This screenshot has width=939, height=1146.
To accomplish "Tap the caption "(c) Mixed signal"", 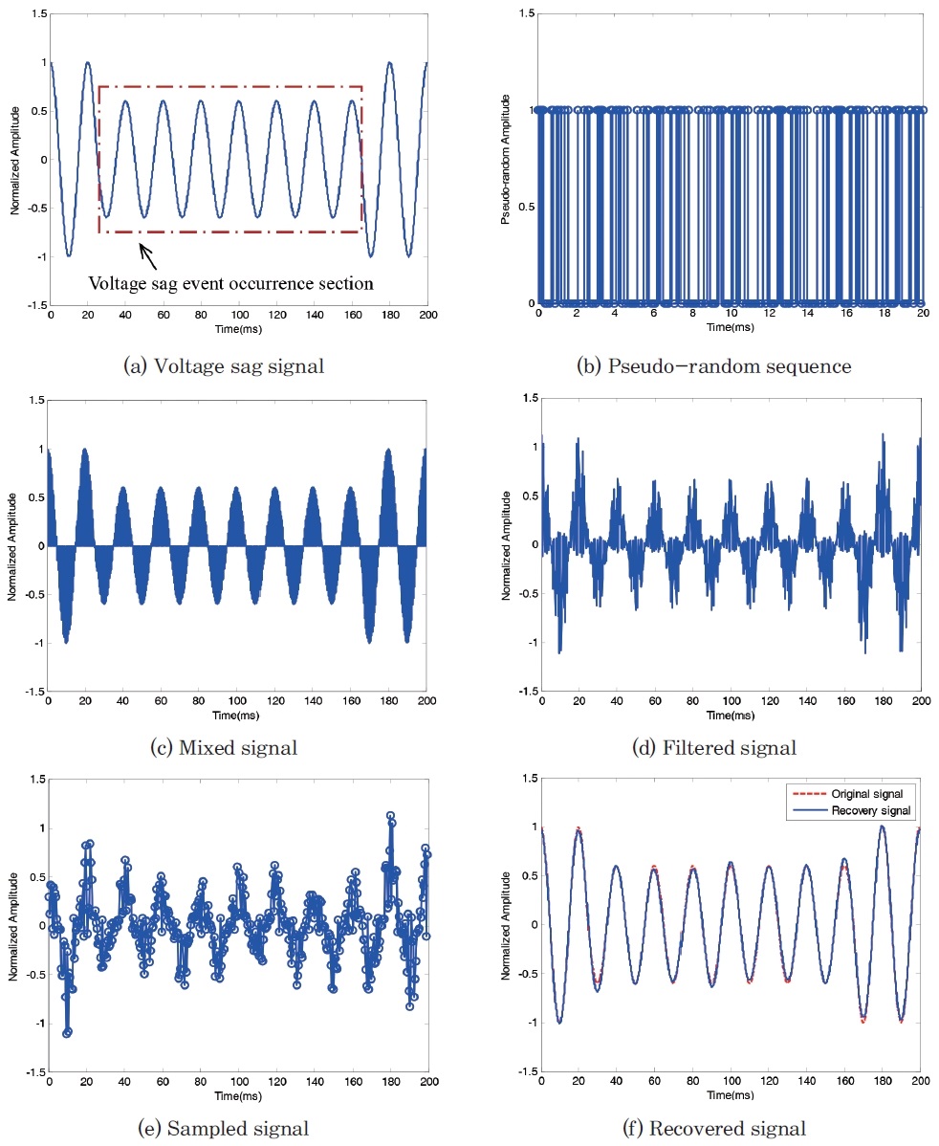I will click(x=225, y=747).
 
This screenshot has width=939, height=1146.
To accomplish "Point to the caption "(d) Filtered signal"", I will click(x=727, y=747).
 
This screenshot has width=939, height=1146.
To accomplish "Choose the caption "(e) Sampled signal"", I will click(x=229, y=1129).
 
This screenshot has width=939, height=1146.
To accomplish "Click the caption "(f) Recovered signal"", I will click(x=727, y=1129).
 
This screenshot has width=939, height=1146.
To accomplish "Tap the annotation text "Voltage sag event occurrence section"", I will click(x=230, y=283).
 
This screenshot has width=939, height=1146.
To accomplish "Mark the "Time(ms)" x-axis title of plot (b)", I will click(x=731, y=326).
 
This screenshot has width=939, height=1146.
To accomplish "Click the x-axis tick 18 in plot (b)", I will click(x=884, y=314).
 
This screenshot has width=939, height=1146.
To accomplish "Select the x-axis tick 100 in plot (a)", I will click(x=239, y=314).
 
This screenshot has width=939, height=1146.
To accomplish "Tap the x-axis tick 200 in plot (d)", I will click(x=921, y=700).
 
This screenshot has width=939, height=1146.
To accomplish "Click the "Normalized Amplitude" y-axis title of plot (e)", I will click(x=13, y=925).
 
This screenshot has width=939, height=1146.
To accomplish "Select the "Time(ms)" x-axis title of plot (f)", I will click(x=731, y=1094).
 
